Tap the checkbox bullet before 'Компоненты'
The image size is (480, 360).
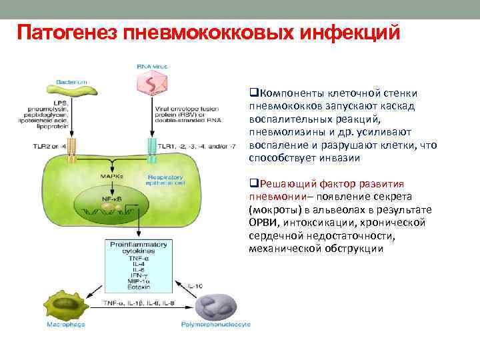(x=252, y=93)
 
